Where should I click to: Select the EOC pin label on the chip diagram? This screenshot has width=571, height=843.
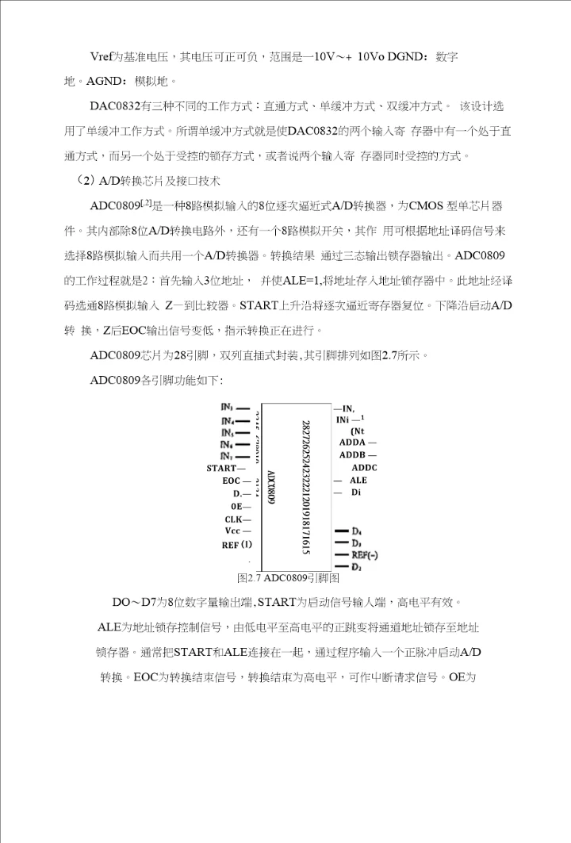[x=232, y=481]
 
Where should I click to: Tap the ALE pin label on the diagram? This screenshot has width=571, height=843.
[x=358, y=481]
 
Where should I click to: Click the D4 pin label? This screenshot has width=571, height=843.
[x=357, y=531]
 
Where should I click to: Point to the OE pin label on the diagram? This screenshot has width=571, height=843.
[x=236, y=506]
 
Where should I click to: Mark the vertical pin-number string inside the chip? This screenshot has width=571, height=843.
[x=305, y=487]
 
